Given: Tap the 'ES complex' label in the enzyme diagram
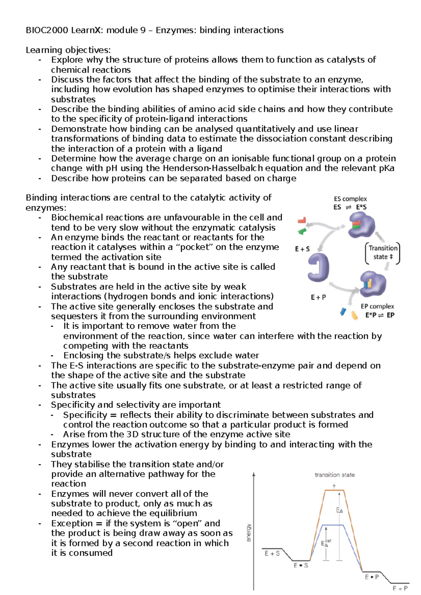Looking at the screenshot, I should coord(350,199).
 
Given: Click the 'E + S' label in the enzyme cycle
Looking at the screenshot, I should coord(302,249).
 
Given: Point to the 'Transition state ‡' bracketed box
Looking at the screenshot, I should coord(383,253).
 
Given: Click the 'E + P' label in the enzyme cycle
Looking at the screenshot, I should coord(318,297).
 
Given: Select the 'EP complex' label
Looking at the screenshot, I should coord(377,307).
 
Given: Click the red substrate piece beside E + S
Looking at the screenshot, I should coord(302,220).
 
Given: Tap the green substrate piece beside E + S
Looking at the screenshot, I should coord(302,231).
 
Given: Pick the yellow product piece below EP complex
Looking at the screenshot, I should coord(354,315).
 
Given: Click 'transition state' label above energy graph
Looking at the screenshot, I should coord(334,475).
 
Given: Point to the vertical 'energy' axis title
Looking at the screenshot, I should coord(249,533).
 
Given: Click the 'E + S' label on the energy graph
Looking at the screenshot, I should coord(272,554).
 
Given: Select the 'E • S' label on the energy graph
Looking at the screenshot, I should coord(301,566).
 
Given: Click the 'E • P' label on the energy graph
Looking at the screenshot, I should coord(372,577).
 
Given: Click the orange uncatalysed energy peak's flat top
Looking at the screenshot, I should coord(334,490).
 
